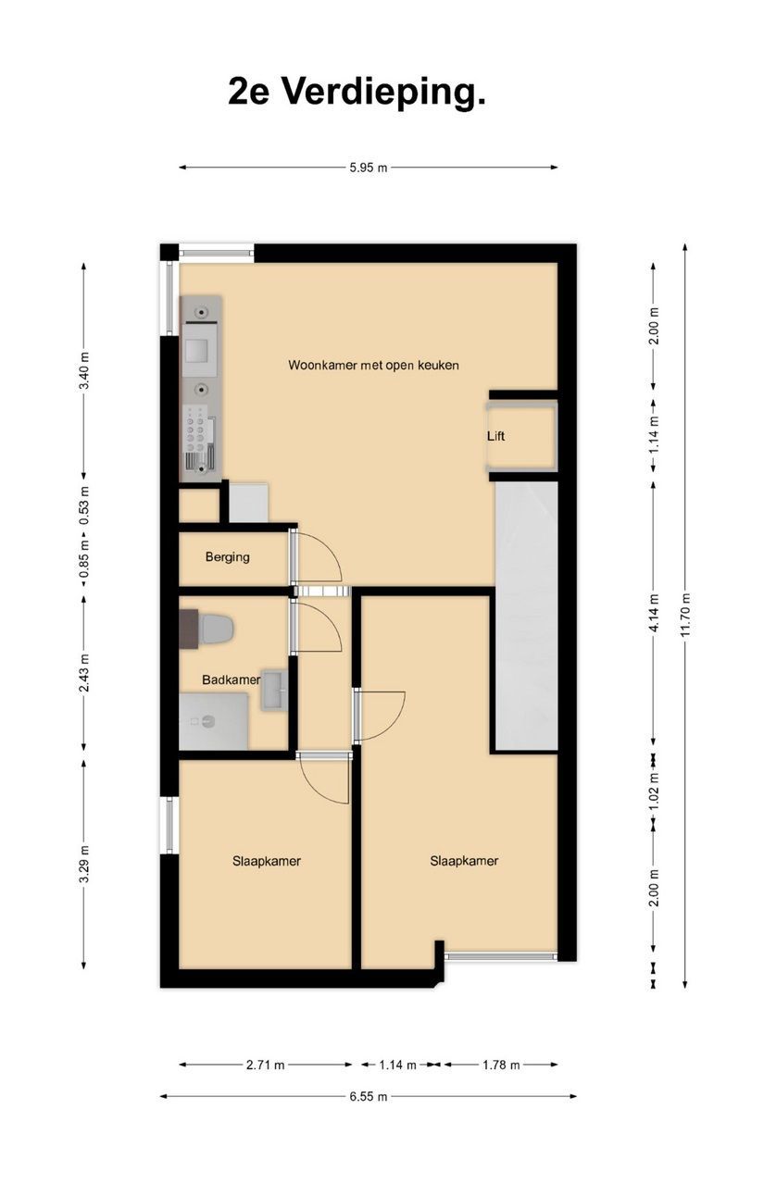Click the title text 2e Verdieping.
[x=357, y=93]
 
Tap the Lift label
[x=495, y=436]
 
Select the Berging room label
[x=228, y=557]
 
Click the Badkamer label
[x=231, y=679]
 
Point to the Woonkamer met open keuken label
[x=373, y=366]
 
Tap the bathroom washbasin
[x=274, y=690]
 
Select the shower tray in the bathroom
[x=214, y=721]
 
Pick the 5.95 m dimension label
[x=368, y=168]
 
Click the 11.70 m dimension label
[x=686, y=616]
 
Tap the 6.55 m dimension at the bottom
[x=368, y=1096]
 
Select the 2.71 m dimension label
[x=266, y=1065]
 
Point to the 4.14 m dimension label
[x=655, y=613]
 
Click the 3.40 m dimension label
[x=83, y=370]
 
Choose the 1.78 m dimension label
[x=501, y=1065]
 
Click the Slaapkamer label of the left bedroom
[x=267, y=861]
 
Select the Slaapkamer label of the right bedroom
[x=464, y=861]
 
